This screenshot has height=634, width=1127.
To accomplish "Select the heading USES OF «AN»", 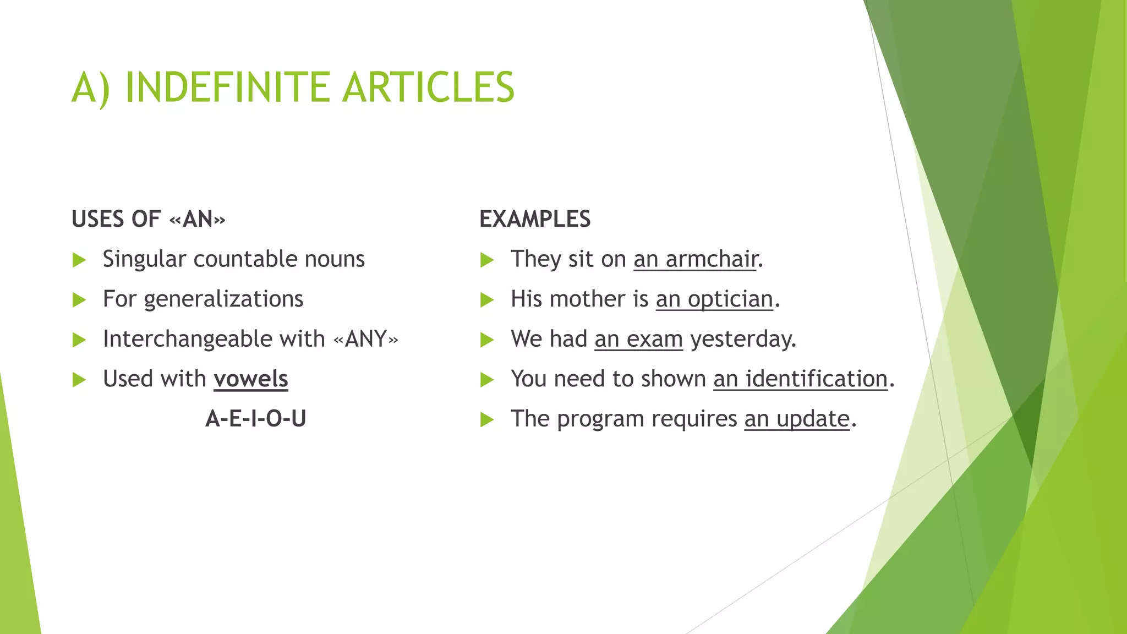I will (149, 219).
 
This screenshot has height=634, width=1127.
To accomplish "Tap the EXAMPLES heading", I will (535, 219).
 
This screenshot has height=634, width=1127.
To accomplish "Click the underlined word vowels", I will (251, 379).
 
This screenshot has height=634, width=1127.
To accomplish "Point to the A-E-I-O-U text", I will (256, 419).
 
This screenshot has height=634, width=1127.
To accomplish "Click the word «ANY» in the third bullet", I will (366, 339).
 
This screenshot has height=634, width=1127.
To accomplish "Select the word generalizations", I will (223, 299).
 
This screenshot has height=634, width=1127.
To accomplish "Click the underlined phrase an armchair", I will (696, 259).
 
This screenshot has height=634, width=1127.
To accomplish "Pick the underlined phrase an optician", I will (714, 299).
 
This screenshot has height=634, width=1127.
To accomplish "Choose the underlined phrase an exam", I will (638, 339).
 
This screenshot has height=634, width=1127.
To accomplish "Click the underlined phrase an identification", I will (801, 379).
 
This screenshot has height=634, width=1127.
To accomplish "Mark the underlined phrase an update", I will (797, 419).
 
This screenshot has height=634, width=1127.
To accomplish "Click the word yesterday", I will (743, 339).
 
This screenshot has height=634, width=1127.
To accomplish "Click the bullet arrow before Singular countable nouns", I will (79, 260).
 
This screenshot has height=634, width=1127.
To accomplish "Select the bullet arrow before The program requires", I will (487, 420).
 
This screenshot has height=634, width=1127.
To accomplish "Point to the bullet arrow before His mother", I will (487, 300).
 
